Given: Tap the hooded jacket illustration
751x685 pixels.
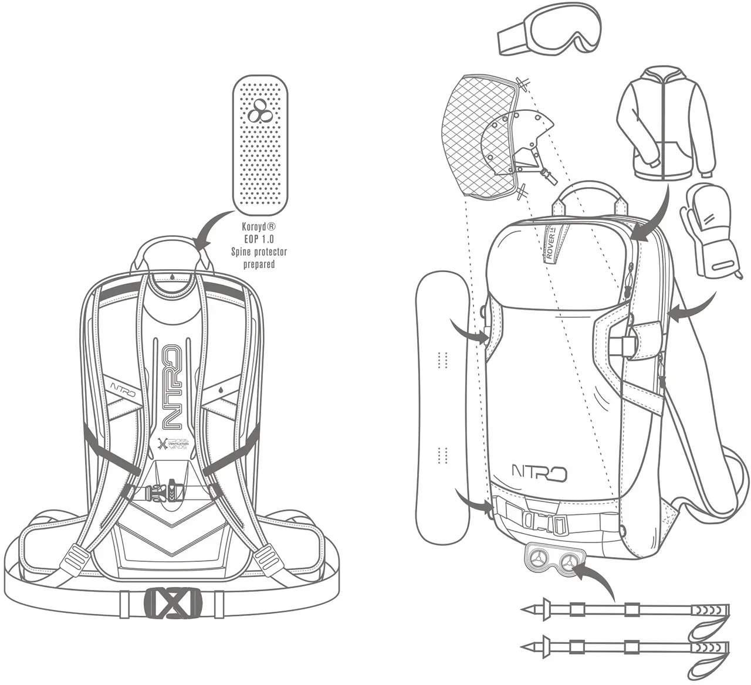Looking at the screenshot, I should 666,123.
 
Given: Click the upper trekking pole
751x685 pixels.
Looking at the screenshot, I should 625,609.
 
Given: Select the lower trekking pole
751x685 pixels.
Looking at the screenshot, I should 625,647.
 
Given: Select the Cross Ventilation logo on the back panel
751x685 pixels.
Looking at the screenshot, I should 174,442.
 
